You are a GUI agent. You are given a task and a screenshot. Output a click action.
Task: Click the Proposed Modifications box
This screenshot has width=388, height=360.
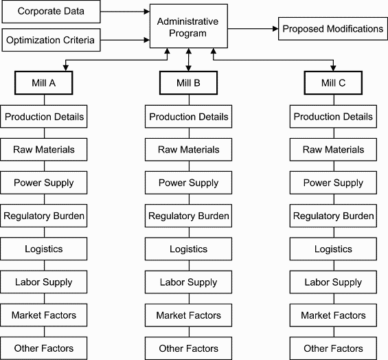[x=333, y=30]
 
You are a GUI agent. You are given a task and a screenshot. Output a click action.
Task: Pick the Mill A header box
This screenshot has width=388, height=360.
[x=45, y=83]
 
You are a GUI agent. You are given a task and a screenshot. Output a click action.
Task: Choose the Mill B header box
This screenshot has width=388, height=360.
[x=189, y=83]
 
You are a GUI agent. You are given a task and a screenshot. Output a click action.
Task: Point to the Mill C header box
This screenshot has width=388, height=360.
[x=333, y=83]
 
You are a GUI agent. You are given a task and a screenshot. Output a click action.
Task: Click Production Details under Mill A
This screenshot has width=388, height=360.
[x=45, y=117]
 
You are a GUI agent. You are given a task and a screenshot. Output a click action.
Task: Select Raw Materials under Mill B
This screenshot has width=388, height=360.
[x=189, y=150]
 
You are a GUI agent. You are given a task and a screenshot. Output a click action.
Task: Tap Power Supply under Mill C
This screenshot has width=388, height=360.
[x=333, y=183]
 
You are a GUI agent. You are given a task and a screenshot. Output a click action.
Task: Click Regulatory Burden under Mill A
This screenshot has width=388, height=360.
[x=45, y=216]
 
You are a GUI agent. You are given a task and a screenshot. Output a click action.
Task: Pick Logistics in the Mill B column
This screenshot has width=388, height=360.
[x=189, y=249]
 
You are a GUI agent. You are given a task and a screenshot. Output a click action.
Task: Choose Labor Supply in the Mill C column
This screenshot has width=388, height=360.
[x=333, y=282]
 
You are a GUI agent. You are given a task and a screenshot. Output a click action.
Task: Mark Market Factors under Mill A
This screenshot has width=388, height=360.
[x=45, y=315]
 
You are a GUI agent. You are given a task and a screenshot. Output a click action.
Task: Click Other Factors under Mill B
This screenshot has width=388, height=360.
[x=189, y=348]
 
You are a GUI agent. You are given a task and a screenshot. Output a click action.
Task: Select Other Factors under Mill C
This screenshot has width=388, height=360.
[x=333, y=348]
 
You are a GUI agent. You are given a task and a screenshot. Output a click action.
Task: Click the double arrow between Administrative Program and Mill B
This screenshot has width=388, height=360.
[x=189, y=60]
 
